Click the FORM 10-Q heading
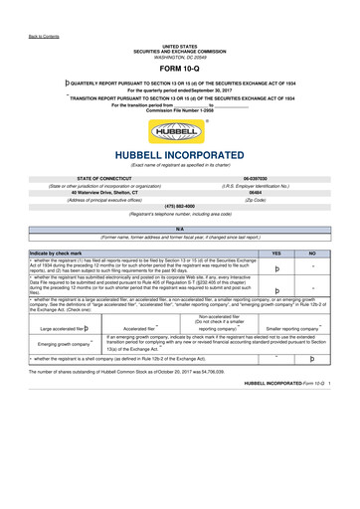tap(179, 68)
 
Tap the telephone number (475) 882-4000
tap(179, 206)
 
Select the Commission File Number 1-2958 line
tap(179, 109)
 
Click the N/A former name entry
tap(179, 229)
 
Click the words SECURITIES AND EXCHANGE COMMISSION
tap(179, 51)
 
